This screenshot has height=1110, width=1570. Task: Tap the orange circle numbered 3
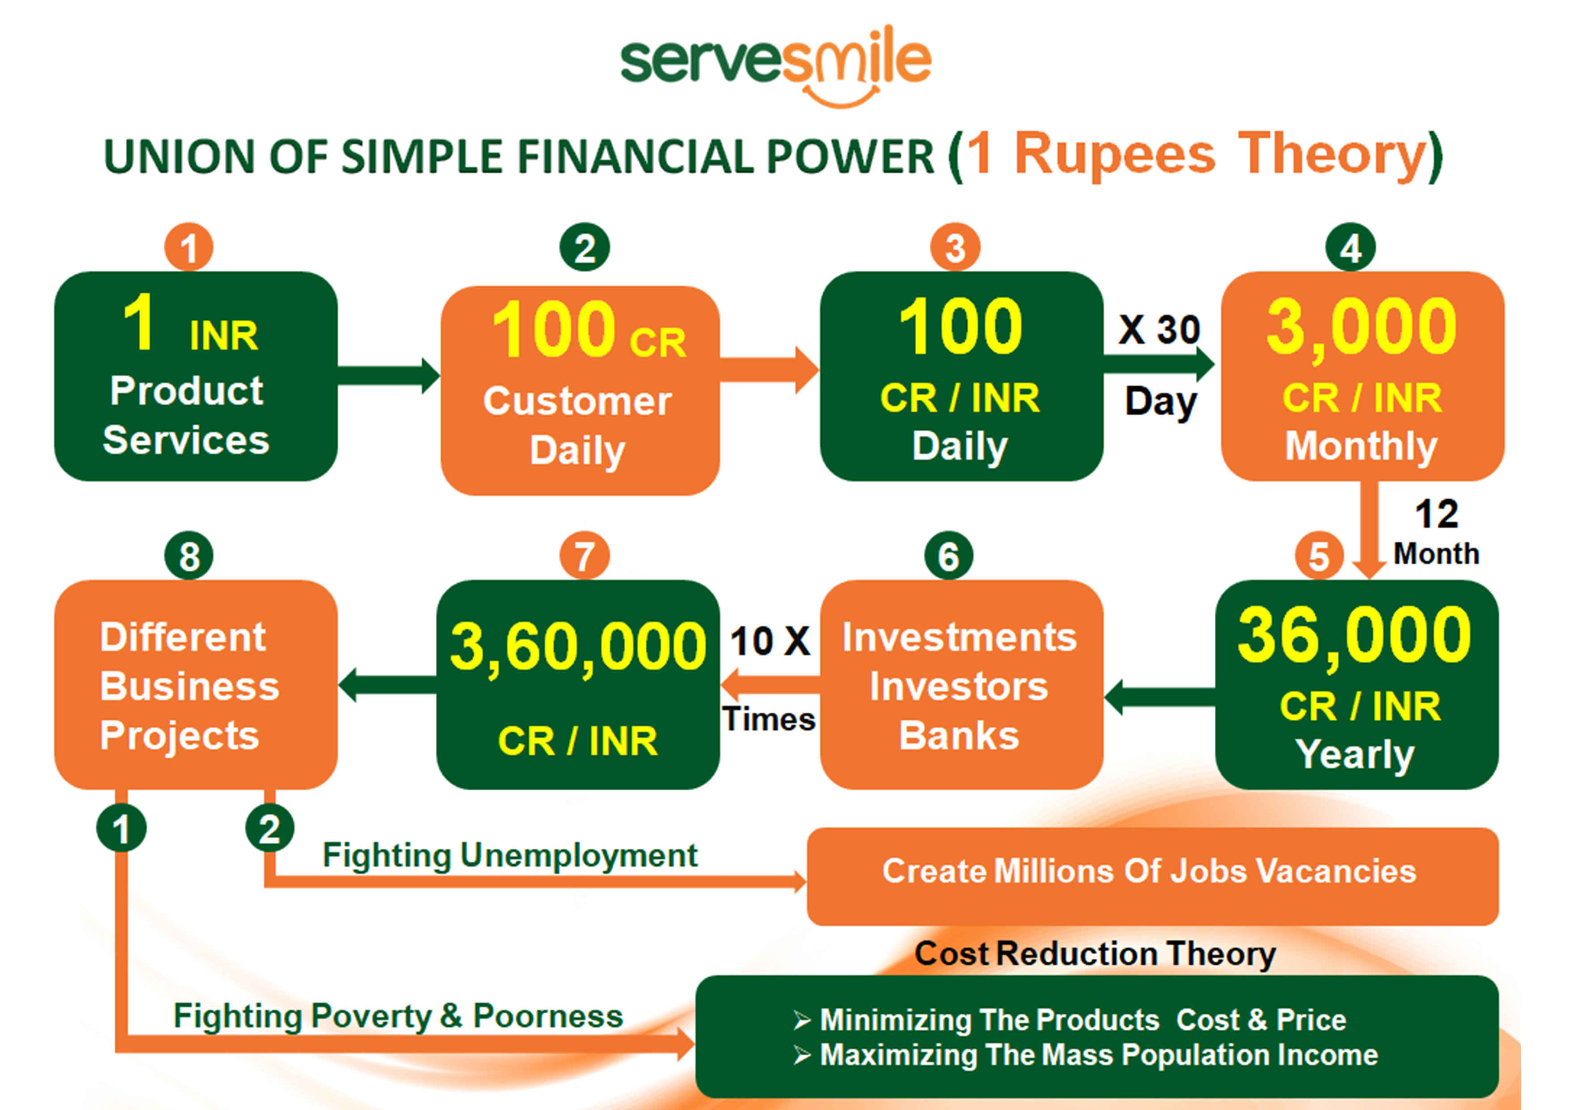coord(955,247)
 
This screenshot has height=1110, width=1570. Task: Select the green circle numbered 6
coord(948,555)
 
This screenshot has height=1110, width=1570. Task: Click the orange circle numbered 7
coord(584,555)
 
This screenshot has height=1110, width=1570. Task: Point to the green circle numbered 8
coord(189,555)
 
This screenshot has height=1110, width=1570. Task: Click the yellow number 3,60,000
coord(578,647)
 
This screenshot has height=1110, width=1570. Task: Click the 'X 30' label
coord(1159,330)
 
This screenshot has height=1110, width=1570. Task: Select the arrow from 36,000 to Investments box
coord(1160,697)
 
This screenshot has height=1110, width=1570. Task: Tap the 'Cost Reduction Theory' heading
coord(1095,953)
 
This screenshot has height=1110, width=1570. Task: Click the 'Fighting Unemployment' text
coord(509,855)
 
